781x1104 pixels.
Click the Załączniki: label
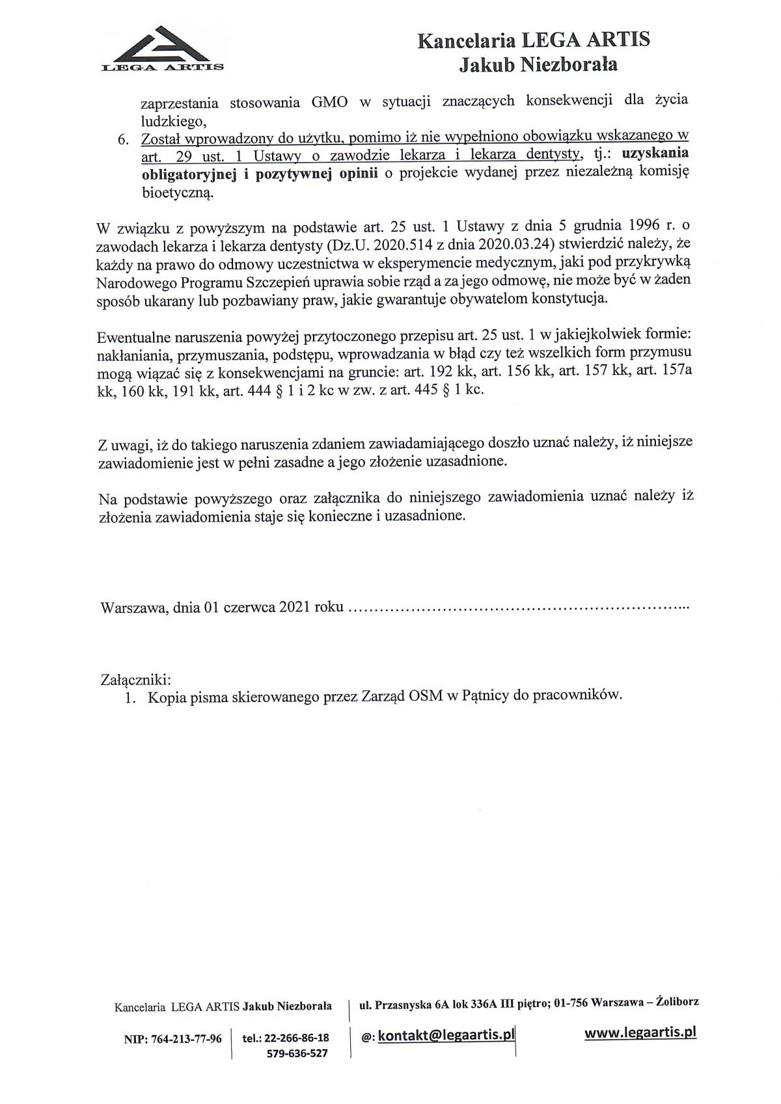135,679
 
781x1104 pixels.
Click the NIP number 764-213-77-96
187,1039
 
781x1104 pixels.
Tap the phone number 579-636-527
297,1053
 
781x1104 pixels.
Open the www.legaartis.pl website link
640,1032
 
